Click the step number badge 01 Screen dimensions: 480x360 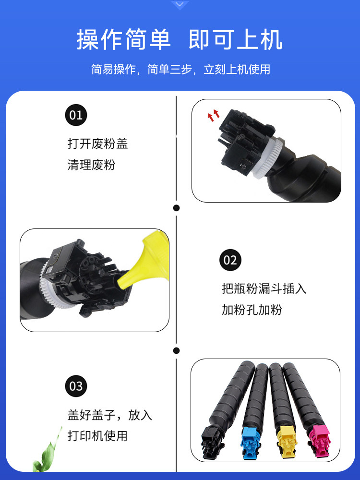pyautogui.click(x=76, y=115)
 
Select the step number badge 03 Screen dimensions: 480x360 pyautogui.click(x=76, y=386)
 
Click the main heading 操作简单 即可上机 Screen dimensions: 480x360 pyautogui.click(x=180, y=40)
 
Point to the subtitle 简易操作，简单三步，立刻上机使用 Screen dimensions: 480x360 pyautogui.click(x=180, y=69)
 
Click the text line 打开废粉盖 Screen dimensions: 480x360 pyautogui.click(x=97, y=144)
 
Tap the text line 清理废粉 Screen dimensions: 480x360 pyautogui.click(x=91, y=165)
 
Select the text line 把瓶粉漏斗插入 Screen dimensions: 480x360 pyautogui.click(x=264, y=288)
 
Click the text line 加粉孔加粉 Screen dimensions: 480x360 pyautogui.click(x=252, y=310)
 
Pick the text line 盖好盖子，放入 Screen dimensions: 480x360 pyautogui.click(x=109, y=415)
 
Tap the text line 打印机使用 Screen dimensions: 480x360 pyautogui.click(x=97, y=436)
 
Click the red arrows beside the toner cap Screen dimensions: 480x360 pyautogui.click(x=213, y=115)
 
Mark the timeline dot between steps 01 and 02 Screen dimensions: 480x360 pyautogui.click(x=176, y=208)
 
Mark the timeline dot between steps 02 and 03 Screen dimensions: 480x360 pyautogui.click(x=176, y=351)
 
